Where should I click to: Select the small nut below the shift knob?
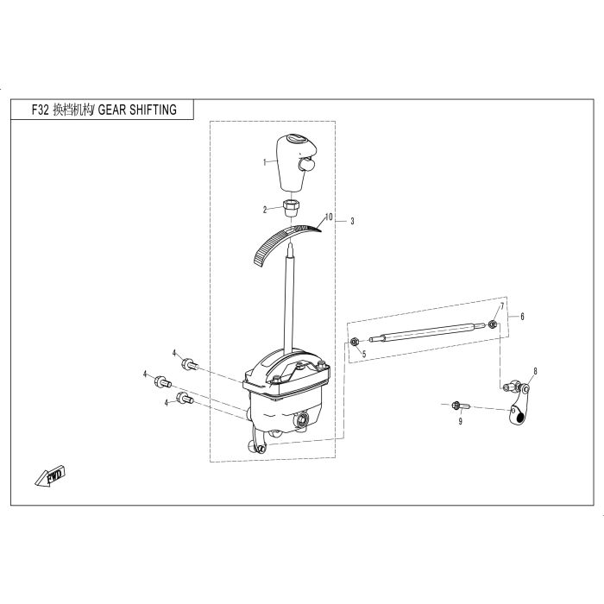pos(292,208)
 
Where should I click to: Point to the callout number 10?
pos(328,217)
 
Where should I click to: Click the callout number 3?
pos(352,221)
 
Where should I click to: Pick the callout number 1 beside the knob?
pos(264,162)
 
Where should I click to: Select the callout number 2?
pos(265,210)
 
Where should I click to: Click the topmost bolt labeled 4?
pos(190,363)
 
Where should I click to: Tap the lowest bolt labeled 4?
pos(185,398)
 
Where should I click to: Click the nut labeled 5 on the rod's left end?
pos(354,342)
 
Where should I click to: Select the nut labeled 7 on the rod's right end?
pos(492,324)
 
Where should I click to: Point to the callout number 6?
pos(522,317)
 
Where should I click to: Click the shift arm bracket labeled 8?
pos(518,404)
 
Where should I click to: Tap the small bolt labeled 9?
pos(460,406)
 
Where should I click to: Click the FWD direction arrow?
pos(50,477)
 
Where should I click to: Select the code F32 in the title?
pos(40,110)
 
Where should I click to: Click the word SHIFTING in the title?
pos(153,110)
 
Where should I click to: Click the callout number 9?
pos(460,421)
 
